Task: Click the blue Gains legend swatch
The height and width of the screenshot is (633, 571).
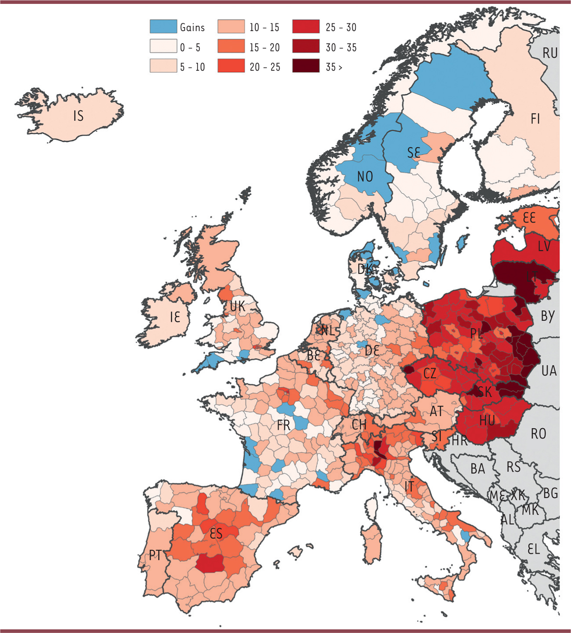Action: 163,26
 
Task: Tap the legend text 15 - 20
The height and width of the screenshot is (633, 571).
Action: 265,48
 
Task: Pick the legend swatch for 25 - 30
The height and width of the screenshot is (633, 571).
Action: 305,27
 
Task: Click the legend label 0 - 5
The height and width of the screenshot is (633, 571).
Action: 190,48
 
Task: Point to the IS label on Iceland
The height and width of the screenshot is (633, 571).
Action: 79,116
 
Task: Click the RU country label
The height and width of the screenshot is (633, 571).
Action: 550,53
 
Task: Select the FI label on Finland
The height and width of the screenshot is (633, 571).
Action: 535,118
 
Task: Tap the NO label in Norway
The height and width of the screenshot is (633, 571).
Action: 365,177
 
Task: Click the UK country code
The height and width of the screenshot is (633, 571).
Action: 237,306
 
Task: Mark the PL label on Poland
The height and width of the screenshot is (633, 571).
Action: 476,333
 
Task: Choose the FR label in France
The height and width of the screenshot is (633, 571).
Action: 284,425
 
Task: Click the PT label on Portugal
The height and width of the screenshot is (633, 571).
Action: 156,555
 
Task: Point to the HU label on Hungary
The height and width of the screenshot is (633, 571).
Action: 487,420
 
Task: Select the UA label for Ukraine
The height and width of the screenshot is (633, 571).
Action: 549,370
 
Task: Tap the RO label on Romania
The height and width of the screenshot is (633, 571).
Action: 538,434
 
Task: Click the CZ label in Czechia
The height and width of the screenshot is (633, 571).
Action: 430,373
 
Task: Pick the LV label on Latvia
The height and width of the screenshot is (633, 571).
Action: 544,246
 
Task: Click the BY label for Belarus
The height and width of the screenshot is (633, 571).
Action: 547,316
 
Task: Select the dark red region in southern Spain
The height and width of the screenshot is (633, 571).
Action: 210,564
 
